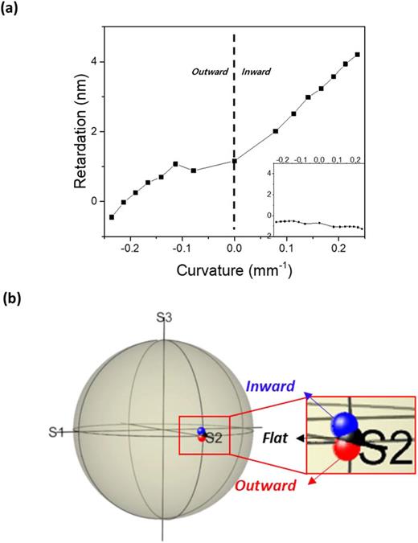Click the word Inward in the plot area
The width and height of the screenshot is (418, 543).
pyautogui.click(x=256, y=72)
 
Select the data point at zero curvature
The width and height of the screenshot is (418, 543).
pyautogui.click(x=234, y=161)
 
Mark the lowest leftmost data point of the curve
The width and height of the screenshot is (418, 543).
pyautogui.click(x=112, y=217)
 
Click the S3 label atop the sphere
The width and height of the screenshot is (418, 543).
pyautogui.click(x=164, y=318)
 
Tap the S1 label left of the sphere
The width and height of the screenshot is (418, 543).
pyautogui.click(x=55, y=434)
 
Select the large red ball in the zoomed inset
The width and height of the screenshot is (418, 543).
pyautogui.click(x=348, y=449)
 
